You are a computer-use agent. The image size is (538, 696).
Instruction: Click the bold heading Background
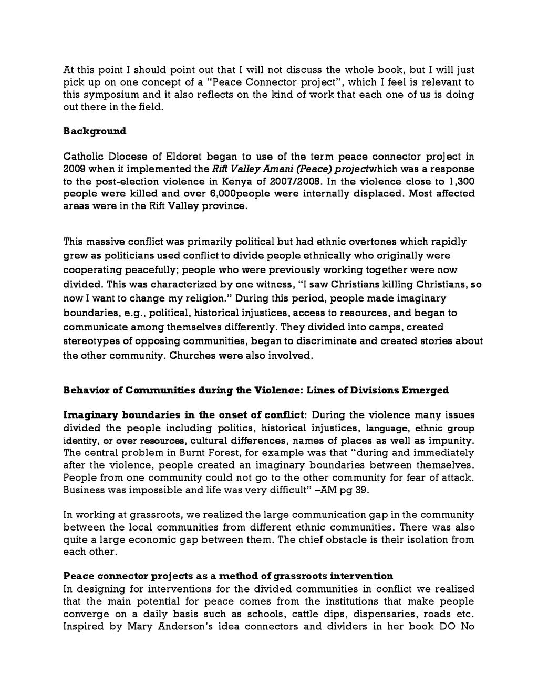coord(95,131)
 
